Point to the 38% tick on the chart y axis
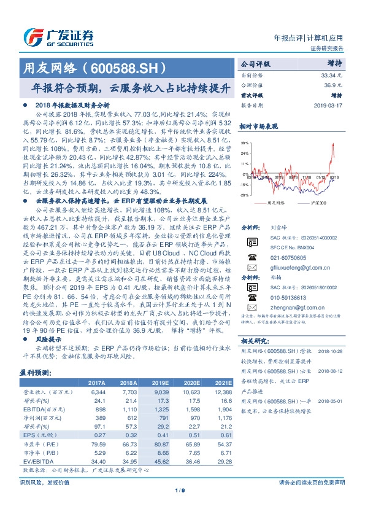[244, 142]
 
